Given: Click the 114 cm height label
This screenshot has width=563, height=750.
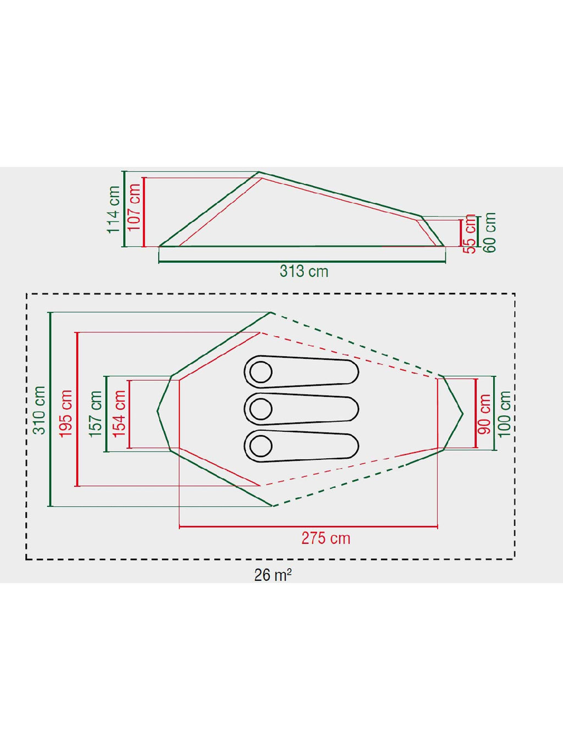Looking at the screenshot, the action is coord(114,210).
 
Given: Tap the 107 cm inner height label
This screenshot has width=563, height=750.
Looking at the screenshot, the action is coord(134,207).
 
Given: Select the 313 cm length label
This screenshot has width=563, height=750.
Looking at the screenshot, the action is coord(304,271).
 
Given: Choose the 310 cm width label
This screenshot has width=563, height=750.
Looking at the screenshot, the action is coord(39,410).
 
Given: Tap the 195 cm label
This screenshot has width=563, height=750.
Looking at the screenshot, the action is coord(65,413).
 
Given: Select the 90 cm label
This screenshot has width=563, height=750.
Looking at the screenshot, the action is coord(484,414).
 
